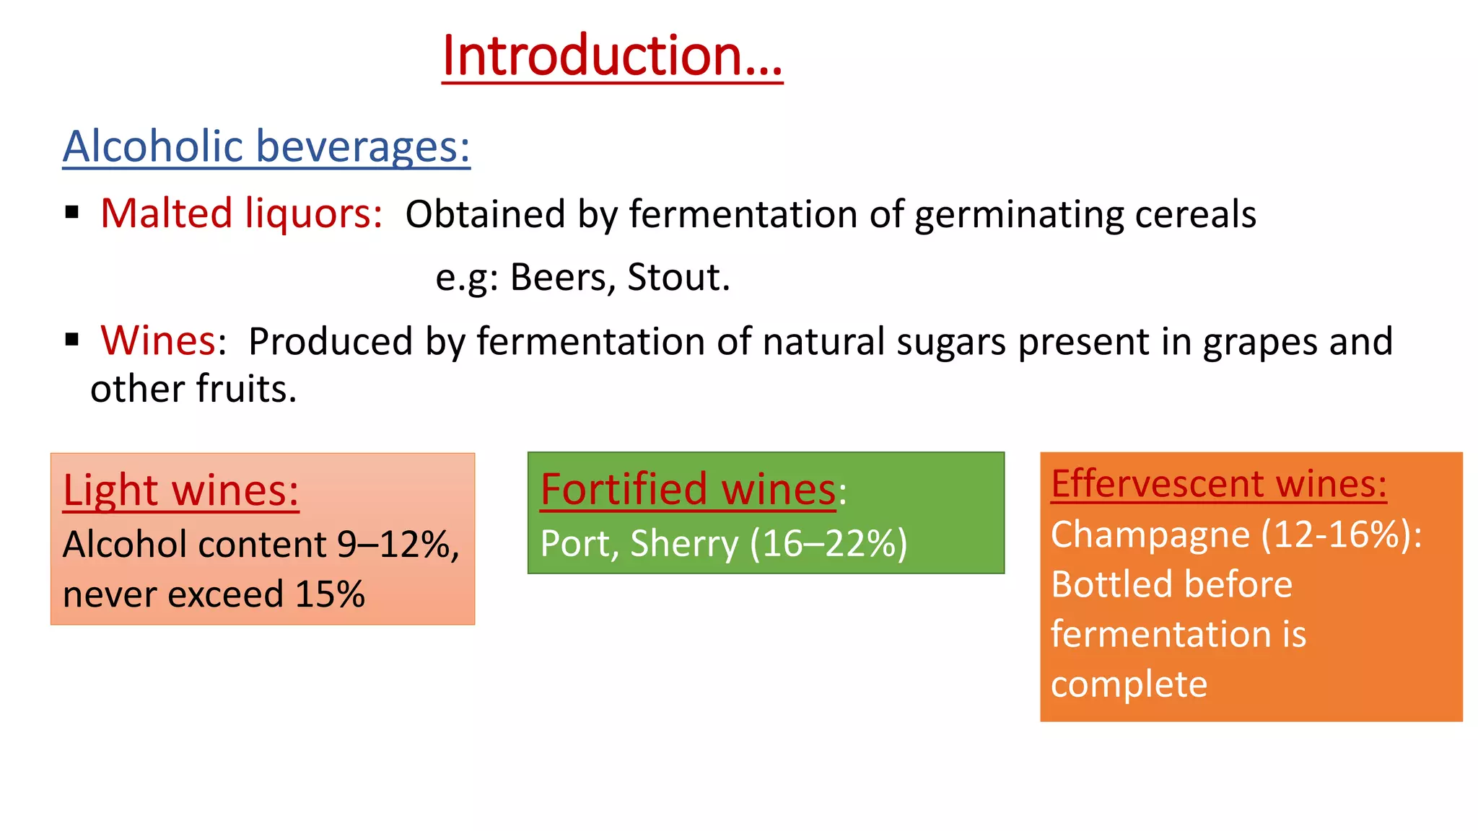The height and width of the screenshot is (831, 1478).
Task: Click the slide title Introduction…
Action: point(612,56)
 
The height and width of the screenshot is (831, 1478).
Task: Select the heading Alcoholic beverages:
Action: point(266,146)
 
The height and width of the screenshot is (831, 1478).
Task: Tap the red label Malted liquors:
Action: point(241,214)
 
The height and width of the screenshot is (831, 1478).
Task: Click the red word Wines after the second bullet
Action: point(158,340)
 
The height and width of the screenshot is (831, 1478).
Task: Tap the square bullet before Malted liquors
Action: point(71,213)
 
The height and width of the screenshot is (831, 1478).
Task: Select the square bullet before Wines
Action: point(71,340)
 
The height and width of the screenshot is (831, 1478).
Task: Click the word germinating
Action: point(1018,215)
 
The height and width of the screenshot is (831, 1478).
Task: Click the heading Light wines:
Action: point(180,491)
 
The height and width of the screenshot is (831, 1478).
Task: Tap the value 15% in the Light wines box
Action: point(330,594)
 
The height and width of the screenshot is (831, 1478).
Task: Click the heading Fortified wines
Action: point(688,489)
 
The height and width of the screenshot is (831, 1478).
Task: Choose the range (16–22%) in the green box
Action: point(828,544)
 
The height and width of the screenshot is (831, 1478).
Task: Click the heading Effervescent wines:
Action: point(1218,483)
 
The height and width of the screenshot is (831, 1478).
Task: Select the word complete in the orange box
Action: point(1129,684)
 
